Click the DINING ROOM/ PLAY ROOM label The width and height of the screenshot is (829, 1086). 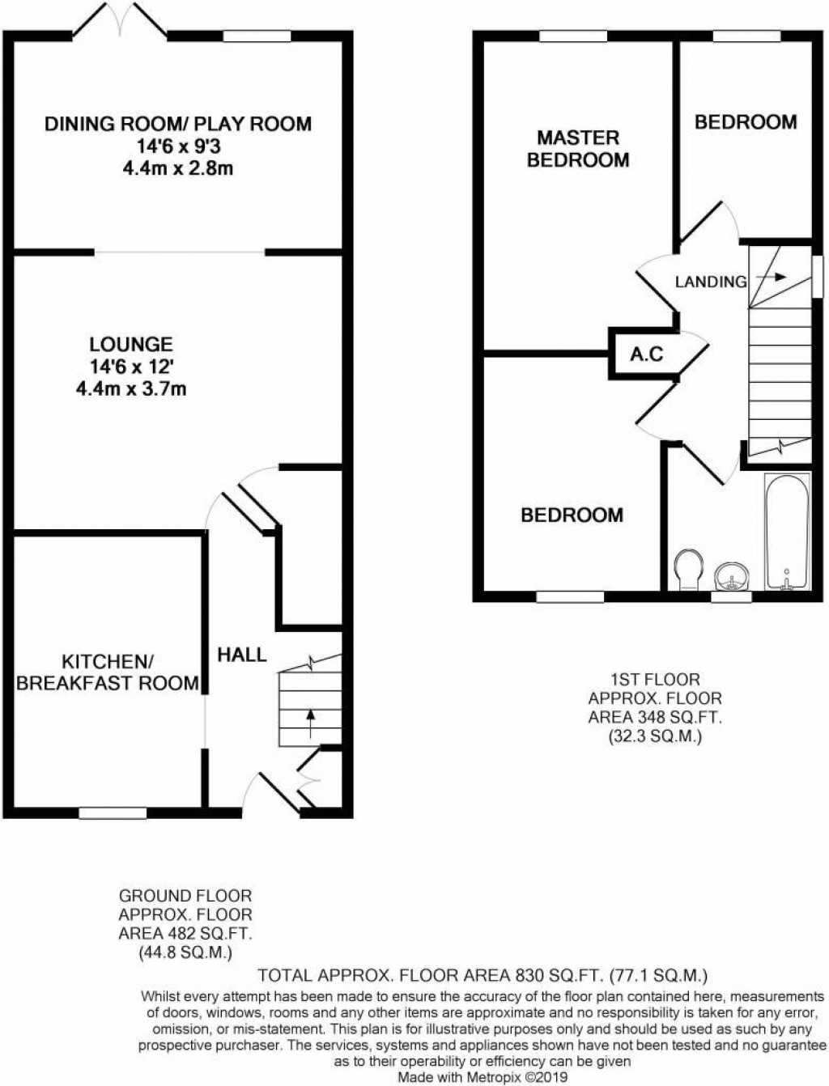177,124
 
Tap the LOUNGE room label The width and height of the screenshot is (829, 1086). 131,344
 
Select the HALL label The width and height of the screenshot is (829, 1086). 241,654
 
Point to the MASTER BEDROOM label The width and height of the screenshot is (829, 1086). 578,149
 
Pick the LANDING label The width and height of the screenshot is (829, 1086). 711,282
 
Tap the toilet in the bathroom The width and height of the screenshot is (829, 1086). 688,569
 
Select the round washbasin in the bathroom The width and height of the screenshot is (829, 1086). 733,577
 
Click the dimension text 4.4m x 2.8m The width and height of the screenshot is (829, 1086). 177,168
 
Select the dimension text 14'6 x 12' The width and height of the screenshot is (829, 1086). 131,367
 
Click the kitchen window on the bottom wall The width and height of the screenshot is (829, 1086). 113,812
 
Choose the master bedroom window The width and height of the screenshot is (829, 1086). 572,36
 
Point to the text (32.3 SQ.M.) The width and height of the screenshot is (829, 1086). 655,736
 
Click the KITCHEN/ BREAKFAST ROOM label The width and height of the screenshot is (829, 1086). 108,672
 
